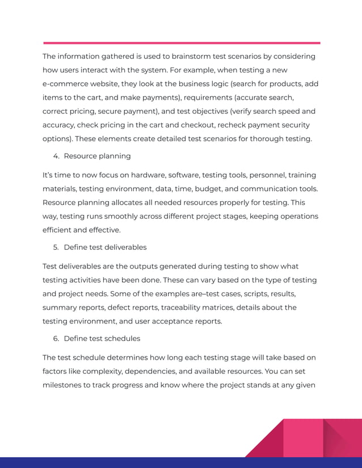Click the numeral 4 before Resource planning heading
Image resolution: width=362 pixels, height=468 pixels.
pyautogui.click(x=56, y=156)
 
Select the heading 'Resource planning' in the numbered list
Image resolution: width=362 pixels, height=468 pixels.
pyautogui.click(x=97, y=156)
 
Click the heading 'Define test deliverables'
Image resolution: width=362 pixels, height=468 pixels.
pyautogui.click(x=105, y=247)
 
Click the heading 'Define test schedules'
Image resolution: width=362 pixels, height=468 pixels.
pyautogui.click(x=102, y=338)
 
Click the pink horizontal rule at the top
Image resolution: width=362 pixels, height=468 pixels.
pyautogui.click(x=182, y=42)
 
